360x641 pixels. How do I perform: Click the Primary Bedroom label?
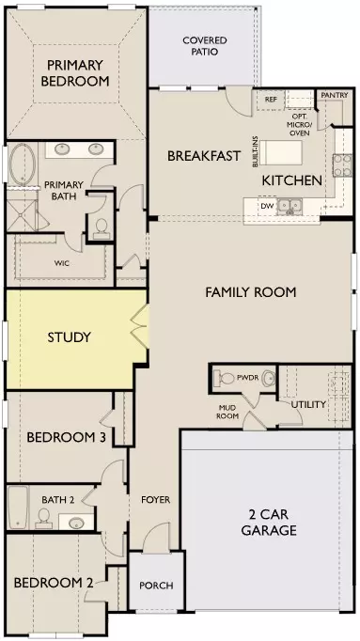coord(75,72)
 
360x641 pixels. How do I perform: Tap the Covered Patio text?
coord(205,46)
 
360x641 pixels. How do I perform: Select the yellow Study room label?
coord(69,337)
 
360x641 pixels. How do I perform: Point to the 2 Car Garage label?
coord(269,522)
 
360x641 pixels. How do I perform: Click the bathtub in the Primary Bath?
coord(22,164)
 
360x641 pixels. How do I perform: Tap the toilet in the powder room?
coord(223,377)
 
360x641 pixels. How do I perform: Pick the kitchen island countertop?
coord(281,152)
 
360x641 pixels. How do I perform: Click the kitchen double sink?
coord(290,205)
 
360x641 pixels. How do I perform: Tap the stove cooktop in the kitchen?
coord(342,165)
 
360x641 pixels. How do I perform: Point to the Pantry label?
coord(335,95)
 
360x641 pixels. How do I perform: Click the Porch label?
coord(156,586)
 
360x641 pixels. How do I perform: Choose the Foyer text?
coord(156,500)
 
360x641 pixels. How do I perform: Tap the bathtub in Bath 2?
coord(18,507)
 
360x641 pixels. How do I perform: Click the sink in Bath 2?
coord(76,523)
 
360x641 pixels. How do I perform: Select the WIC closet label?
coord(61,263)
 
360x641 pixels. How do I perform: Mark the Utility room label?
coord(308,404)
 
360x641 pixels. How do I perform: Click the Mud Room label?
coord(228,412)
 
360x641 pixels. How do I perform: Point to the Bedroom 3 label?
coord(66,437)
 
